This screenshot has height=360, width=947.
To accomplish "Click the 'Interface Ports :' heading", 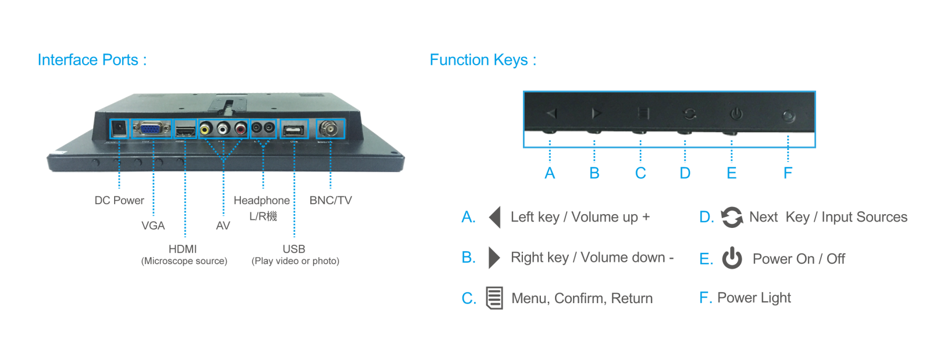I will pos(92,60).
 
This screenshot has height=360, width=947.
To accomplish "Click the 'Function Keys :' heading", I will pos(482,60).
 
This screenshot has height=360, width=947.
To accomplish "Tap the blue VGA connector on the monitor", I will pos(152,128).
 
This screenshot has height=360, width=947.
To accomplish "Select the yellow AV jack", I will pos(205,128).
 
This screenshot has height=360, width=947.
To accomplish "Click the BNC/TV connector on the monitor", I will pos(330,128).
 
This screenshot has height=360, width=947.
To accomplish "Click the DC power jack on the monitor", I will pos(119,128).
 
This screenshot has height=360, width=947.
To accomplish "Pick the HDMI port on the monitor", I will pos(185,129).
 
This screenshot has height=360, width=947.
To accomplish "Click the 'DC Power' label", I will pos(119,201).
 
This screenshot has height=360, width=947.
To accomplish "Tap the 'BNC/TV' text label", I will pos(330,201).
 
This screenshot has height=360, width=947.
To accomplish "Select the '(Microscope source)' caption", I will pos(184,261).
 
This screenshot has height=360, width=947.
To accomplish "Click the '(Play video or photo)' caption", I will pos(295,261).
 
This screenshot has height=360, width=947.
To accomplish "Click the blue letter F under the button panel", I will pos(788,173).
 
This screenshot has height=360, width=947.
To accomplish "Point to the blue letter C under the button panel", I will pos(640,173).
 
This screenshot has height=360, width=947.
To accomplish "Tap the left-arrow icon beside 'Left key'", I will pos(495,217).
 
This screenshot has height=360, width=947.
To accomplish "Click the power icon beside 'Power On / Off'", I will pos(732,258).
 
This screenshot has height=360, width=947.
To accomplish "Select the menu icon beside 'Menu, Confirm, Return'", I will pos(494,298).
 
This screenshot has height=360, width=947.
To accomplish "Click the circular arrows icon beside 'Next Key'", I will pos(731,217).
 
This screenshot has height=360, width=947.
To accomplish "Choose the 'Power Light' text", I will pos(754,298).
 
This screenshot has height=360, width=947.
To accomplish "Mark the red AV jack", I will pos(241,128).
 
